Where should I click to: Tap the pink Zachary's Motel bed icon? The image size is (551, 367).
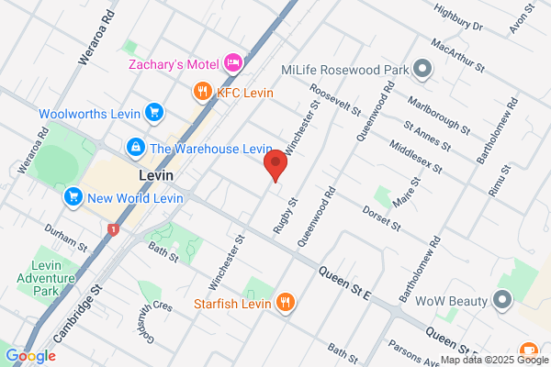pos(233,63)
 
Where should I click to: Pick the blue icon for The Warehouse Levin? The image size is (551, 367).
pos(135,148)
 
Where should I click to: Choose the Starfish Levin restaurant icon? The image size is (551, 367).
pos(286,303)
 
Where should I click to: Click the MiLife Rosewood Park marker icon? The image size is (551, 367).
pos(422,69)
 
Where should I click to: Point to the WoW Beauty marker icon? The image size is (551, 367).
pos(502,300)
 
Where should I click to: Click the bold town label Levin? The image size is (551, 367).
pos(156,174)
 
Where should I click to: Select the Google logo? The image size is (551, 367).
pos(30,355)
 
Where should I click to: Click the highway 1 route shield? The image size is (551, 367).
pos(113,228)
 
